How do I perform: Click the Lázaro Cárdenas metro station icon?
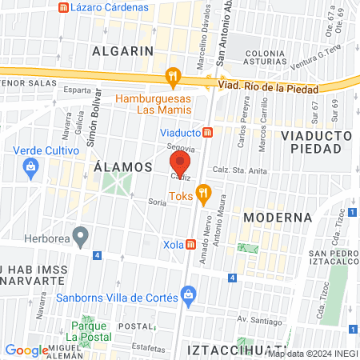click(63, 7)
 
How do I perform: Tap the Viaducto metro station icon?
click(207, 132)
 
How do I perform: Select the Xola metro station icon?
click(191, 244)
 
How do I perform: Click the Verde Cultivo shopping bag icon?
click(31, 167)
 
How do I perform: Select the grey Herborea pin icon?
click(79, 235)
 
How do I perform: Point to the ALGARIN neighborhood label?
click(122, 50)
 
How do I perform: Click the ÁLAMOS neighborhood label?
click(123, 167)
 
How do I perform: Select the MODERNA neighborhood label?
click(277, 218)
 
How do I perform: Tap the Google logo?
click(27, 350)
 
